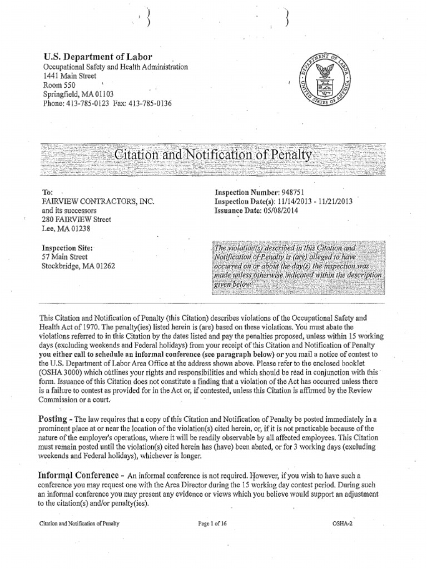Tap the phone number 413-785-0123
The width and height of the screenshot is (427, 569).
pyautogui.click(x=87, y=103)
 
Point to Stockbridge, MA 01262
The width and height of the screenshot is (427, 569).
pyautogui.click(x=79, y=265)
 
